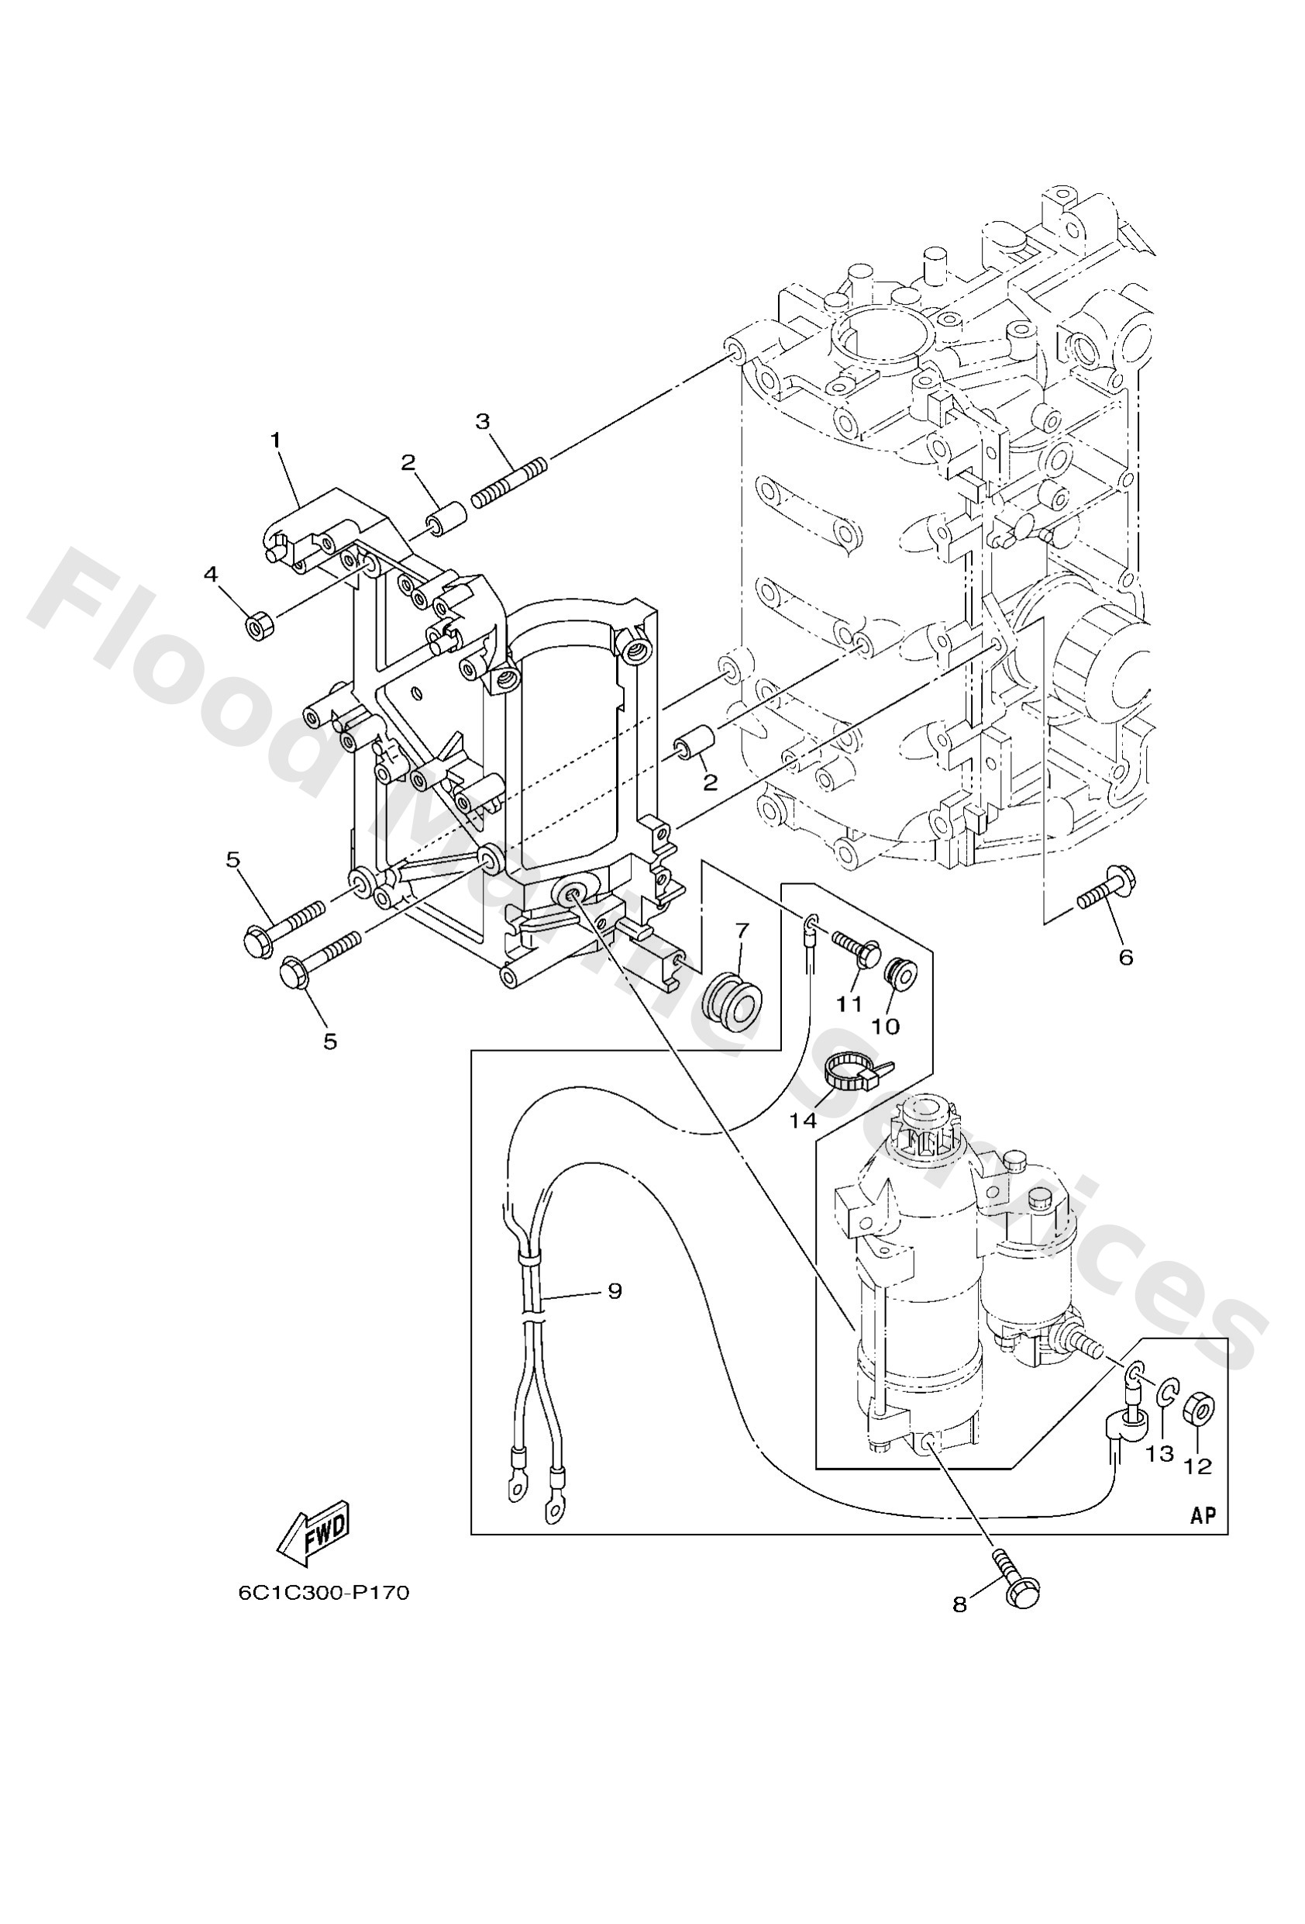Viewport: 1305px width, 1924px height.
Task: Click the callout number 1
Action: tap(276, 440)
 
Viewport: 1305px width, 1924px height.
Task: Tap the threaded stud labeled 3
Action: tap(510, 482)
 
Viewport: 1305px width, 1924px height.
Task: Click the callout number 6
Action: tap(1125, 957)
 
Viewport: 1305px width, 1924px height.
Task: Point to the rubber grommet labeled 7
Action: tap(732, 1001)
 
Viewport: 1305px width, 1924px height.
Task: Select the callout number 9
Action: tap(614, 1290)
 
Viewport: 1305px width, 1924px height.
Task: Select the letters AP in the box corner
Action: tap(1203, 1515)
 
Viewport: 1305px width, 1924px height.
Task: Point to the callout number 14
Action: tap(802, 1120)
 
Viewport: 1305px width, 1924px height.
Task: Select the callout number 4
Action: tap(211, 574)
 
